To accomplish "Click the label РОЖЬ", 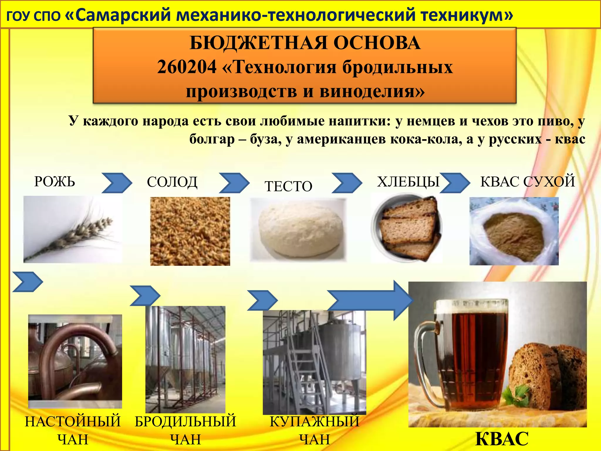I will (55, 181).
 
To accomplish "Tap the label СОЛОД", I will (172, 182).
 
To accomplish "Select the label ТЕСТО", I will (288, 186).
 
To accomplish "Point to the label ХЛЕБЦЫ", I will (408, 182).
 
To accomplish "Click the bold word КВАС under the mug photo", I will (502, 439).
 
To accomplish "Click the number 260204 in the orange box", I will (187, 67).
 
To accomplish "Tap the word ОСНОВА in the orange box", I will (377, 43).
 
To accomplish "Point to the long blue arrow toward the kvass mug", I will (370, 300).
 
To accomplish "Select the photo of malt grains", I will (190, 231).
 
